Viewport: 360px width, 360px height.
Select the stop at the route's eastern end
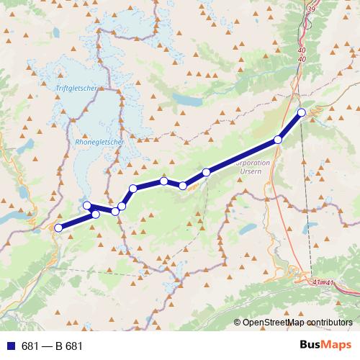(x=302, y=112)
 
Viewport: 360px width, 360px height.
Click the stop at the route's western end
(x=58, y=228)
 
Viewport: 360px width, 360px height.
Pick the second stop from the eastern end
(x=278, y=140)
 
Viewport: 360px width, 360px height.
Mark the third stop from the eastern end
(x=207, y=172)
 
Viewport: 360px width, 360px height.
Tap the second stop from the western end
(x=96, y=215)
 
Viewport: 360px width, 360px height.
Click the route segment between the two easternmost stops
(x=290, y=125)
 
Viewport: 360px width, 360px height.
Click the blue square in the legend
(x=9, y=346)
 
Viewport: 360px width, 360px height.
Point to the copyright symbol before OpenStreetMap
(x=238, y=323)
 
